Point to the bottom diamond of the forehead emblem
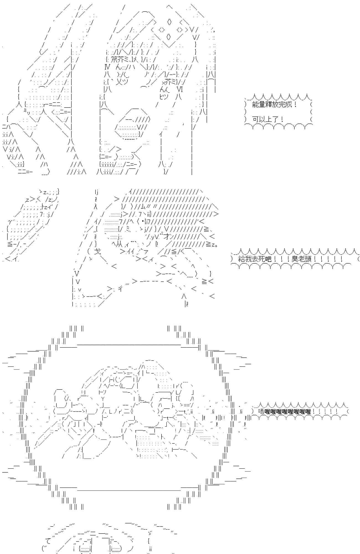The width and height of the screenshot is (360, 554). (170, 37)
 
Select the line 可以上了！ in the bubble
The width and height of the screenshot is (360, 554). (268, 120)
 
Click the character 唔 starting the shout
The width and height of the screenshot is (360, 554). (261, 411)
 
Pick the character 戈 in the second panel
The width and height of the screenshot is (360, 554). (97, 252)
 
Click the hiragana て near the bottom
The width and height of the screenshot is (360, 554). (47, 540)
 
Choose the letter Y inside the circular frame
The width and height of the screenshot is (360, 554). (103, 399)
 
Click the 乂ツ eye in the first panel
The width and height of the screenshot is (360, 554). (122, 82)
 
